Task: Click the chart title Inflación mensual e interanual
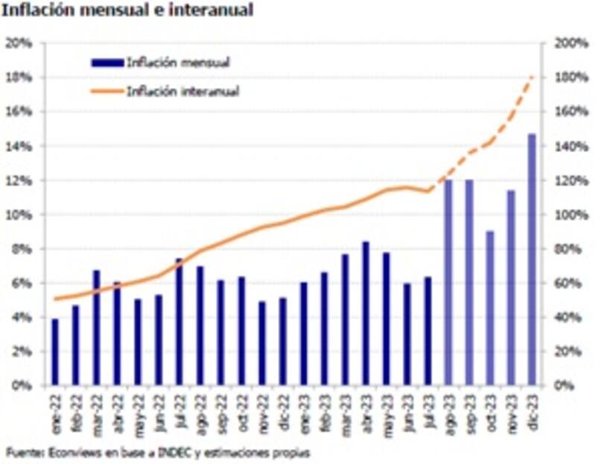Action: (127, 11)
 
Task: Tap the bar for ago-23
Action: (448, 283)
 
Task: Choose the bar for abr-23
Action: (366, 313)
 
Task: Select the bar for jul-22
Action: (180, 322)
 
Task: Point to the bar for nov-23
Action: (511, 288)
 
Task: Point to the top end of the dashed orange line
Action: (532, 76)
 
